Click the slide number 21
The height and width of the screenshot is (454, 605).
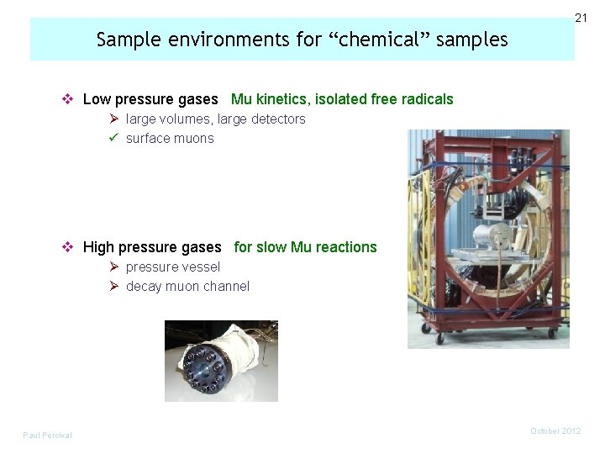(x=581, y=18)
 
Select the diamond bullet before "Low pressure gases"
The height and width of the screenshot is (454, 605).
(x=69, y=99)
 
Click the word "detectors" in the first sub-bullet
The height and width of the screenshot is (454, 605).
(x=278, y=119)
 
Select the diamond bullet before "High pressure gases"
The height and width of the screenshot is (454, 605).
(x=69, y=247)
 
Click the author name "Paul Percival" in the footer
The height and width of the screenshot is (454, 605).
(x=48, y=435)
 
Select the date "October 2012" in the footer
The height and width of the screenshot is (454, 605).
(x=555, y=430)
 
